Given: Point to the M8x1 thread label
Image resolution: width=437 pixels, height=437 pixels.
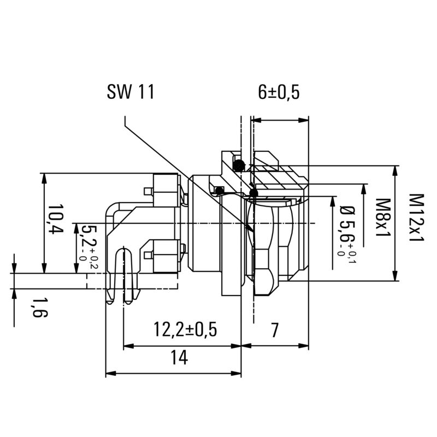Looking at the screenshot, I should pyautogui.click(x=382, y=217).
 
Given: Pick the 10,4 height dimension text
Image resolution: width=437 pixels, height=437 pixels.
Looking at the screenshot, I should pyautogui.click(x=55, y=220).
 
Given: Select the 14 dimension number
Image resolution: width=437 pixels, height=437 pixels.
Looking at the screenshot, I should pyautogui.click(x=179, y=358).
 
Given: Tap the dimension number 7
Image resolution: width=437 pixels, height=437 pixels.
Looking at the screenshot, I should pyautogui.click(x=275, y=329).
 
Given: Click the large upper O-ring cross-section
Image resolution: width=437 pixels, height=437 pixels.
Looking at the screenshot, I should pyautogui.click(x=238, y=164).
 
